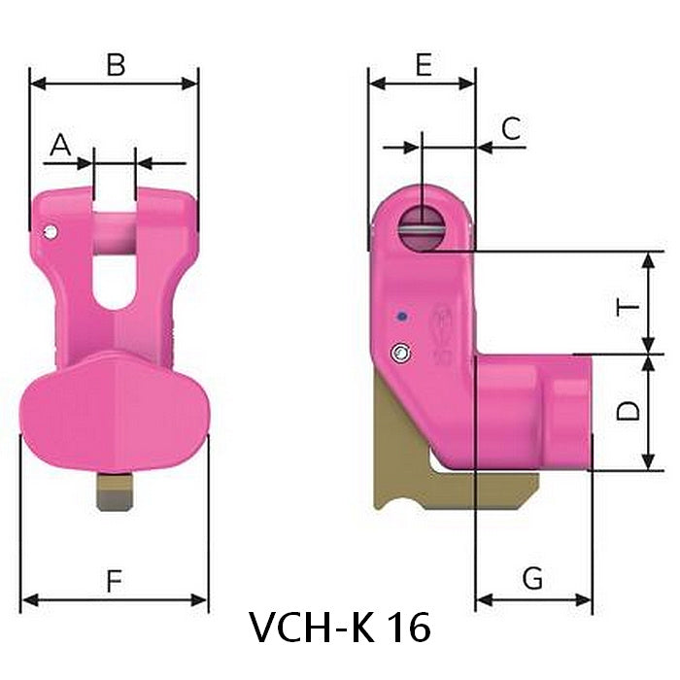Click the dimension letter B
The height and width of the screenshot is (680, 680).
[x=116, y=65]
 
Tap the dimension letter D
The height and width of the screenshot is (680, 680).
[x=629, y=410]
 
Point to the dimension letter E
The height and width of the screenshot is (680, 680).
[x=423, y=65]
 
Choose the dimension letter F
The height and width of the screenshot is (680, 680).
[x=114, y=582]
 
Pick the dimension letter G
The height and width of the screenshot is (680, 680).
[x=532, y=579]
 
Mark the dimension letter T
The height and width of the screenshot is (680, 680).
[x=629, y=309]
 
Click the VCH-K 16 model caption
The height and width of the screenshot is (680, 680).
[x=339, y=628]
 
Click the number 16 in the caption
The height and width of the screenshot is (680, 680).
[x=408, y=628]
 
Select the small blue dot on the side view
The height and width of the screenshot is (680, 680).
[x=399, y=316]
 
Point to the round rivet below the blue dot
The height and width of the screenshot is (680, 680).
[x=399, y=351]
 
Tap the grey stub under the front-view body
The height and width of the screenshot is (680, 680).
[x=115, y=491]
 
